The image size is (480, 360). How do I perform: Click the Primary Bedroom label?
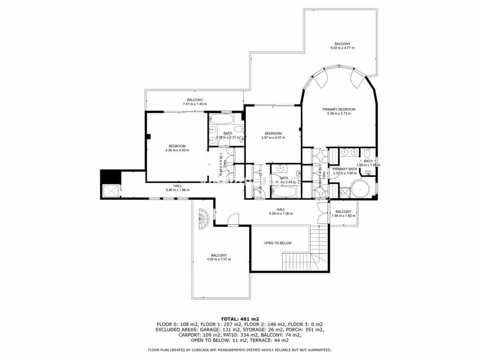[339, 109]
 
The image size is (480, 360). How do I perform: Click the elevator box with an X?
[110, 191]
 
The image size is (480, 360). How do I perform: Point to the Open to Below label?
[278, 243]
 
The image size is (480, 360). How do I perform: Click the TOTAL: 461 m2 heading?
[240, 319]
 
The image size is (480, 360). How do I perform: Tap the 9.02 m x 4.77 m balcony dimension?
[342, 48]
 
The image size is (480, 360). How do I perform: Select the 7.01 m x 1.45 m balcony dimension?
[195, 104]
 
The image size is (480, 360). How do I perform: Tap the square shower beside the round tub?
[344, 193]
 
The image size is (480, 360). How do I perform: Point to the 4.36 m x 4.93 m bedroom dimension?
[177, 150]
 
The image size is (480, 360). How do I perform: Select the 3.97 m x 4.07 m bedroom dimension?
[273, 138]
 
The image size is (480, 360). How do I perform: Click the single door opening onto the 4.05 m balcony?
[233, 220]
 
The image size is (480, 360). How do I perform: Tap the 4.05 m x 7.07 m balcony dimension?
[219, 259]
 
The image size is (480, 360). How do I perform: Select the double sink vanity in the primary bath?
[348, 152]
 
